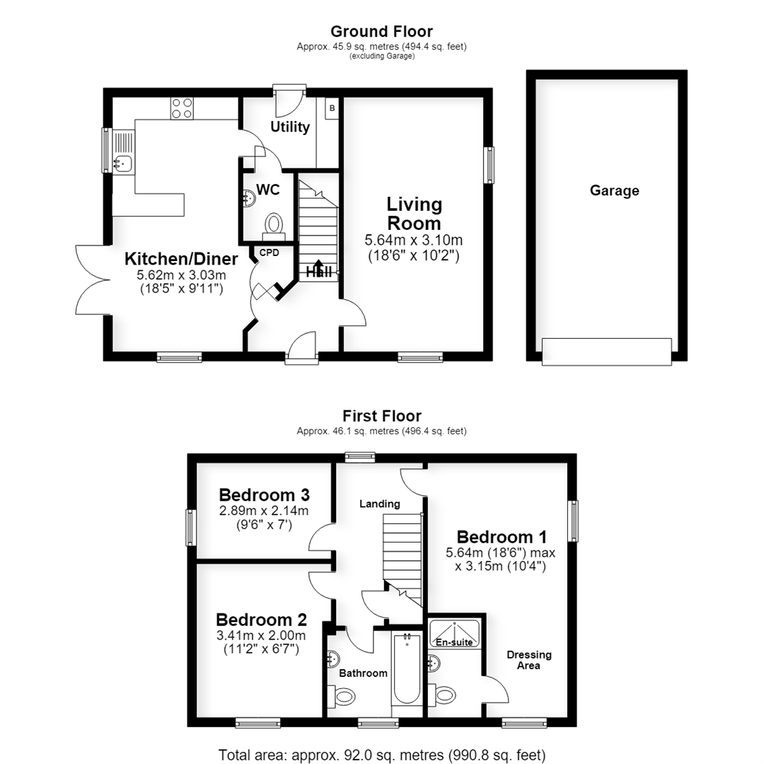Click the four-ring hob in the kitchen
tap(182, 108)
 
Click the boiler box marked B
tap(332, 108)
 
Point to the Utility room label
tap(290, 127)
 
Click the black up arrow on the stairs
tap(318, 268)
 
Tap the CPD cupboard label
tap(269, 253)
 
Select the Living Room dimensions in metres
tap(414, 241)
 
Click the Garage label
tap(615, 190)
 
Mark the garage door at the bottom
tap(607, 352)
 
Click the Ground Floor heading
tap(381, 32)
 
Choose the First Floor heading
tap(381, 416)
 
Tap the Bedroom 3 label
tap(264, 495)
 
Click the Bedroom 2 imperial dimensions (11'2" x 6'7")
tap(261, 649)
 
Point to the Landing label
tap(380, 504)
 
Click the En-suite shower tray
tap(454, 633)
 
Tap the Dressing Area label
tap(529, 660)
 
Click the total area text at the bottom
tap(381, 756)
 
